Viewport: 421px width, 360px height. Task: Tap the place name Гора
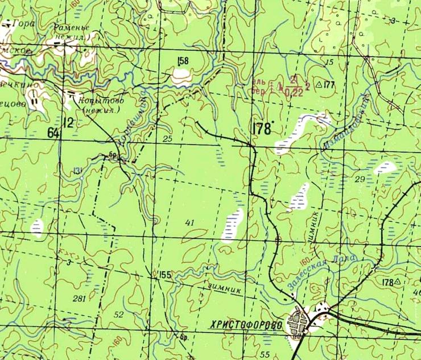[27, 24]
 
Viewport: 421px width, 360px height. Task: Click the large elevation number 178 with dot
[260, 129]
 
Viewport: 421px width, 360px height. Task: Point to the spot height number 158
[183, 61]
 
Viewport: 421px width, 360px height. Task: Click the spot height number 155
[165, 275]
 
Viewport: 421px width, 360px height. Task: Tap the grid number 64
[53, 133]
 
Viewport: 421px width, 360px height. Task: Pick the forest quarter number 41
[189, 222]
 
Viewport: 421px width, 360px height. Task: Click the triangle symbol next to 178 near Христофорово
[398, 282]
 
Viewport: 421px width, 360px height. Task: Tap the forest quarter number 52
[118, 315]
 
